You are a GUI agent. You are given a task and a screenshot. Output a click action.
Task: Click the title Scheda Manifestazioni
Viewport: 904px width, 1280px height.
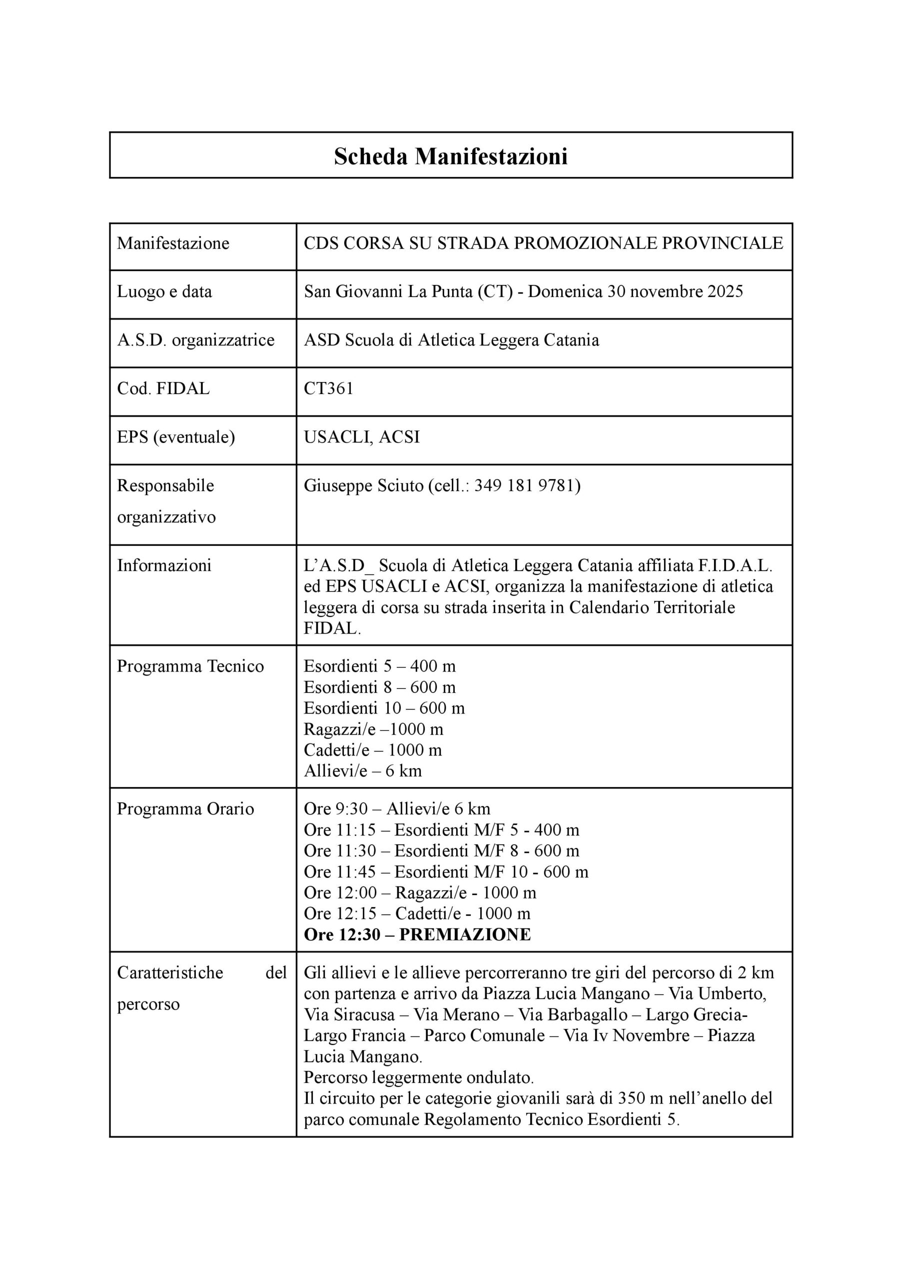pyautogui.click(x=450, y=156)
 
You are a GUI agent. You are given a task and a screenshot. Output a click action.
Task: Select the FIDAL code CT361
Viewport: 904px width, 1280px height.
pyautogui.click(x=328, y=388)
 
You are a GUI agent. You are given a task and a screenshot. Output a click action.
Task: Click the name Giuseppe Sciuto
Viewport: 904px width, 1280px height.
pyautogui.click(x=363, y=485)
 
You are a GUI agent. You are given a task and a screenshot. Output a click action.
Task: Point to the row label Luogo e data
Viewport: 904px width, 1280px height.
pyautogui.click(x=164, y=291)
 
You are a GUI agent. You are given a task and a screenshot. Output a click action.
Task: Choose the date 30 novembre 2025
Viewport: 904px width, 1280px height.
pyautogui.click(x=675, y=291)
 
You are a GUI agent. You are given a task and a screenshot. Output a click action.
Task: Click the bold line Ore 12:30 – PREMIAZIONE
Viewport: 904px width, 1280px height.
pyautogui.click(x=417, y=934)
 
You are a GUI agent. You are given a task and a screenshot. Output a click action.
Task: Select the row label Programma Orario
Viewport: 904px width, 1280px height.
pyautogui.click(x=185, y=809)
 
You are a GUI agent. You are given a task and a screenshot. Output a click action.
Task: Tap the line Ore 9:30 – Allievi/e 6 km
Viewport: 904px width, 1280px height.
pyautogui.click(x=397, y=809)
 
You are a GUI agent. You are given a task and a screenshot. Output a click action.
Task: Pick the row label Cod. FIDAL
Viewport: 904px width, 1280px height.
pyautogui.click(x=163, y=388)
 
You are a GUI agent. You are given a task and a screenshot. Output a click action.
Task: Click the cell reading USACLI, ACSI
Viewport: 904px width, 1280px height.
pyautogui.click(x=362, y=436)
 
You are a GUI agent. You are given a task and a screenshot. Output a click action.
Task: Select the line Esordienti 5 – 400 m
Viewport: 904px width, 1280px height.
pyautogui.click(x=380, y=666)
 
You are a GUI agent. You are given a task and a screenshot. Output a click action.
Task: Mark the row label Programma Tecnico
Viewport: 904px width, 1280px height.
pyautogui.click(x=190, y=666)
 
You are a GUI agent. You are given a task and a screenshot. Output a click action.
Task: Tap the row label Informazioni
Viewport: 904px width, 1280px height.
pyautogui.click(x=164, y=565)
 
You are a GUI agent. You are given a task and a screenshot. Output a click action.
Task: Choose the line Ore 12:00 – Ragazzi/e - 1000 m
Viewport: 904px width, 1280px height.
pyautogui.click(x=420, y=892)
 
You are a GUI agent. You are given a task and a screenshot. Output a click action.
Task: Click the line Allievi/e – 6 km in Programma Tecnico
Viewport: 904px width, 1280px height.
pyautogui.click(x=363, y=771)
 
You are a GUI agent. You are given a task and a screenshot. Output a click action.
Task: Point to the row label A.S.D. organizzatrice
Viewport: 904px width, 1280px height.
pyautogui.click(x=195, y=340)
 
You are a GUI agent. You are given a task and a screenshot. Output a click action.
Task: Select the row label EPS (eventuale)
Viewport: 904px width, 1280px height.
pyautogui.click(x=175, y=436)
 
